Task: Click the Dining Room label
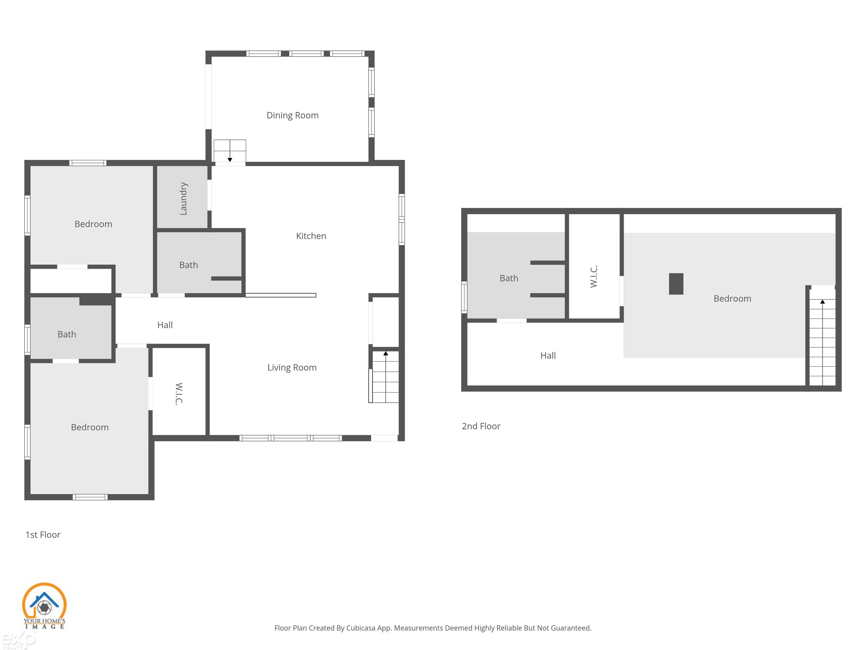coord(292,115)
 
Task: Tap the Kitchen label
coord(311,236)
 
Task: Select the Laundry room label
coord(183,198)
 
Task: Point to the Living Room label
coord(292,368)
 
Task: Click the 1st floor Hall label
coord(165,325)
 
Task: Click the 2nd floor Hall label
coord(548,355)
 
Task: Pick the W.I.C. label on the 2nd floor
coord(593,276)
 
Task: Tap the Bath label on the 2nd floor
coord(509,278)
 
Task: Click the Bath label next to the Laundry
coord(188,265)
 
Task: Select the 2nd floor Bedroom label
coord(732,298)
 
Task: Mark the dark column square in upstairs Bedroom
coord(676,284)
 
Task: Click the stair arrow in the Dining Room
coord(230,159)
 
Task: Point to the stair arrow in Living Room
coord(386,354)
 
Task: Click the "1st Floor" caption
coord(43,535)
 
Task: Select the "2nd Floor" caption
coord(481,426)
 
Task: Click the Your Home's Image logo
coord(44,606)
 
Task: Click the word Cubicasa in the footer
coord(361,628)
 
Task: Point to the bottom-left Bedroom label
coord(90,427)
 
